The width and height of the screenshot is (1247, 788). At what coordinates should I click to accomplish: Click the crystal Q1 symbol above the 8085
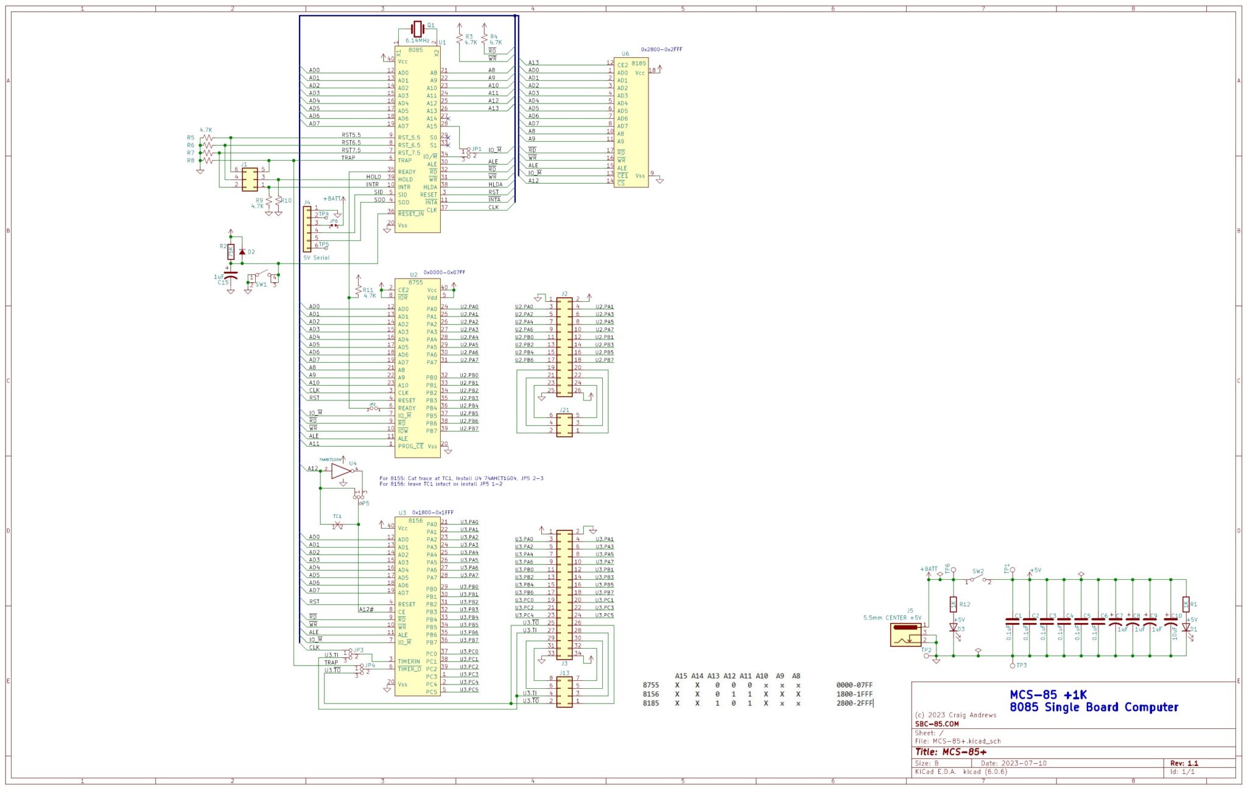pyautogui.click(x=417, y=28)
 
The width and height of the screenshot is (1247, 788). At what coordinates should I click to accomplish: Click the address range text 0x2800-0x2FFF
pyautogui.click(x=661, y=49)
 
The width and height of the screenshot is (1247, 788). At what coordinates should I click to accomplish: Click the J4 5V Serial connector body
pyautogui.click(x=307, y=229)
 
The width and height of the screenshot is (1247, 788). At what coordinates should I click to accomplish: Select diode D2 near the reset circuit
pyautogui.click(x=242, y=251)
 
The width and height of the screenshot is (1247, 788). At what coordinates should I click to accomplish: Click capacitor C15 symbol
pyautogui.click(x=230, y=274)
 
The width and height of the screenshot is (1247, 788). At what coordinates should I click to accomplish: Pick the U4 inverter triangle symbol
pyautogui.click(x=341, y=471)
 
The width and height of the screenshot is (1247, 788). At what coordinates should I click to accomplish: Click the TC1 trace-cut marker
pyautogui.click(x=337, y=524)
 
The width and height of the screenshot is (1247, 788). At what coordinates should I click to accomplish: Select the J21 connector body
pyautogui.click(x=564, y=425)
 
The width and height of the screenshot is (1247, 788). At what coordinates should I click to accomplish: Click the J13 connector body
pyautogui.click(x=564, y=692)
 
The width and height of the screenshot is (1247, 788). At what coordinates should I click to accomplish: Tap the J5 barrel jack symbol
pyautogui.click(x=906, y=634)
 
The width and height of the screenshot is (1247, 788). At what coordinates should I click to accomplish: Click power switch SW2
pyautogui.click(x=977, y=579)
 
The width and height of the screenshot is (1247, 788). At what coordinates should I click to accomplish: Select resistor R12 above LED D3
pyautogui.click(x=953, y=604)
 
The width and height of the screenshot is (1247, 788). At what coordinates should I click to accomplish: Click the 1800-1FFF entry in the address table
pyautogui.click(x=854, y=694)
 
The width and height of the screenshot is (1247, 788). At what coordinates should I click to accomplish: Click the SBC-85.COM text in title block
pyautogui.click(x=936, y=724)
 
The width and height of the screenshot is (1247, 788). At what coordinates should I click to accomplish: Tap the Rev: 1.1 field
pyautogui.click(x=1184, y=763)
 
